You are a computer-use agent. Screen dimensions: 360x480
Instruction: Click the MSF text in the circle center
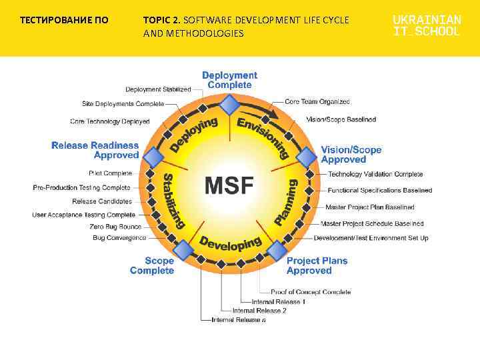pyautogui.click(x=229, y=184)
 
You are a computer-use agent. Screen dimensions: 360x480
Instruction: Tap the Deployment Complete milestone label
pyautogui.click(x=229, y=80)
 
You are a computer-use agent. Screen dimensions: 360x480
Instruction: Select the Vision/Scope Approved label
pyautogui.click(x=351, y=155)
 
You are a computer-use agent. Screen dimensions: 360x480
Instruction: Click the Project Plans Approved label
pyautogui.click(x=317, y=265)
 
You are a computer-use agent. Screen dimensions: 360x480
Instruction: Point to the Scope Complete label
pyautogui.click(x=152, y=265)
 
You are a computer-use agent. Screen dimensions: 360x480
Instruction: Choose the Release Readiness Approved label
pyautogui.click(x=95, y=150)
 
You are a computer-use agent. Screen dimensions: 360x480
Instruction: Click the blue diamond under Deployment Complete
pyautogui.click(x=229, y=105)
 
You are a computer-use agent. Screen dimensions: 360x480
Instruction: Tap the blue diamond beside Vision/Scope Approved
pyautogui.click(x=306, y=157)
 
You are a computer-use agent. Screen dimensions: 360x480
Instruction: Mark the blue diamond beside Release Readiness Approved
pyautogui.click(x=153, y=157)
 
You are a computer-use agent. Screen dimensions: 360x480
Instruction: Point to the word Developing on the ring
pyautogui.click(x=230, y=243)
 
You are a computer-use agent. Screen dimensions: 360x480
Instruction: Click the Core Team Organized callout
pyautogui.click(x=317, y=102)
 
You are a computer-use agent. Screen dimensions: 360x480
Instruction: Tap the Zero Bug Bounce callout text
pyautogui.click(x=115, y=227)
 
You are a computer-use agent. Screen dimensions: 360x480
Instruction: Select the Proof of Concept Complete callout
pyautogui.click(x=311, y=292)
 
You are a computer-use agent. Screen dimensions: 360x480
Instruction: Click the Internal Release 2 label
pyautogui.click(x=259, y=311)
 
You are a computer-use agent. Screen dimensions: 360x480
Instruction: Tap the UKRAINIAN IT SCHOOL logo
pyautogui.click(x=427, y=26)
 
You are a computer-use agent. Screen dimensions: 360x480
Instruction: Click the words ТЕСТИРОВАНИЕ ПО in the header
pyautogui.click(x=64, y=20)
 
